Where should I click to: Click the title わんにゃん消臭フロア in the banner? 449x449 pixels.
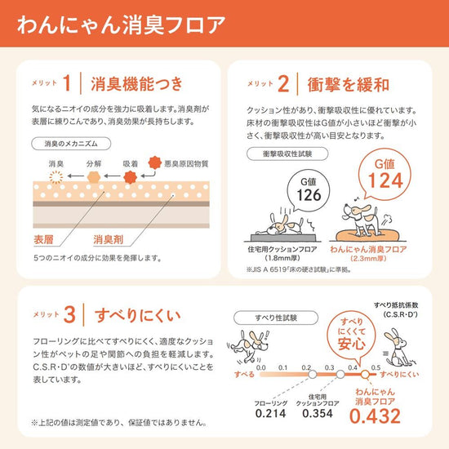(x=121, y=25)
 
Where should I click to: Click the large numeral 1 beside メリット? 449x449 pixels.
(x=67, y=83)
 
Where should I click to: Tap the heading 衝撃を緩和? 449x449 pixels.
(x=349, y=85)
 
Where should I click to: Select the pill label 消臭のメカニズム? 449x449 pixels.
(x=71, y=144)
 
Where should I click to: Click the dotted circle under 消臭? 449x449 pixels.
(x=56, y=177)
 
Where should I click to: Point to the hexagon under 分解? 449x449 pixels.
(x=94, y=177)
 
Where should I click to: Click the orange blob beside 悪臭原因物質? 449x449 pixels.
(x=155, y=162)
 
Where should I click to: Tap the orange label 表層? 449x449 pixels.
(x=43, y=239)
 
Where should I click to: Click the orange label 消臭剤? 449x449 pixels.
(x=108, y=239)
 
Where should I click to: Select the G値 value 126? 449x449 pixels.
(x=309, y=195)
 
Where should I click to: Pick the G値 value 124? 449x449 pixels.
(x=385, y=180)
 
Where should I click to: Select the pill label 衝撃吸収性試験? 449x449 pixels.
(x=287, y=153)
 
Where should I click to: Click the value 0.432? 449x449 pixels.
(x=375, y=416)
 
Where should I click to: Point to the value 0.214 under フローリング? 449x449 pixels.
(x=270, y=413)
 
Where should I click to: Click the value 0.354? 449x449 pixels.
(x=318, y=413)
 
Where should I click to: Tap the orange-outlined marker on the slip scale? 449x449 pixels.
(x=365, y=374)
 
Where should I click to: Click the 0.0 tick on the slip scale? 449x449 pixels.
(x=261, y=367)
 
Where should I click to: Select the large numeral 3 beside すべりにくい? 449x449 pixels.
(x=69, y=314)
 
